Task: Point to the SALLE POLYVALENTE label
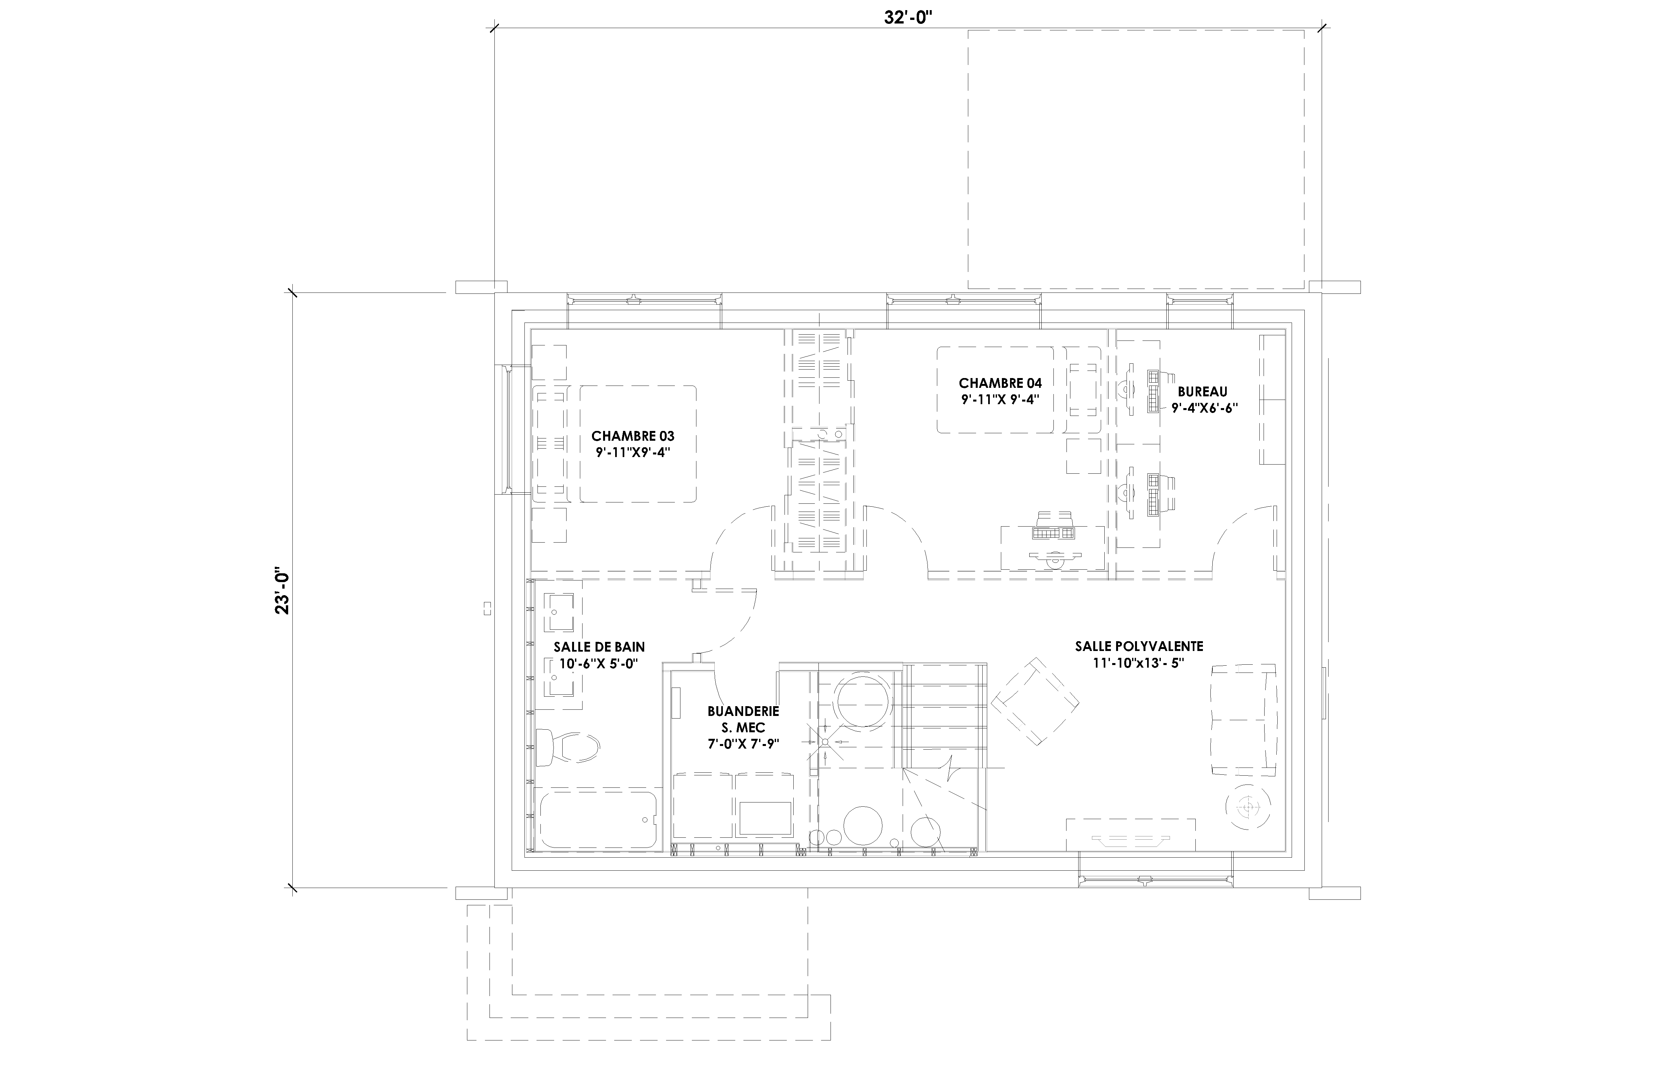point(1139,646)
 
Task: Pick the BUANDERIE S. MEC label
point(743,719)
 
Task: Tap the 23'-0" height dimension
point(282,590)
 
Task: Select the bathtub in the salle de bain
point(598,820)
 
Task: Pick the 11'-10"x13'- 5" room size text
point(1139,663)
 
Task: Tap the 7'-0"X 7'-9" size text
point(743,743)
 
